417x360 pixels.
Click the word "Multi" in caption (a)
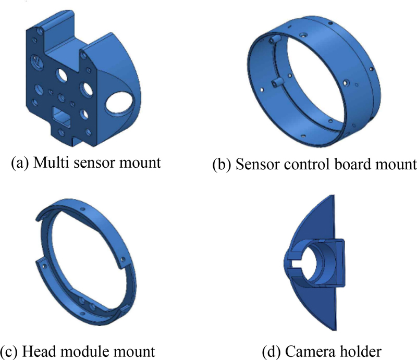49,162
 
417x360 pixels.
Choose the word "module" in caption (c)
81,351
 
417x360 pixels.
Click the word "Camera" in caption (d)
310,352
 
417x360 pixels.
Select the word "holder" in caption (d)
361,352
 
